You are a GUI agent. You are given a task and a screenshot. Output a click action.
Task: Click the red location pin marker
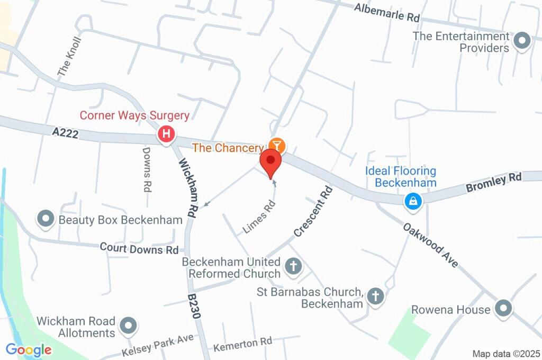point(271,162)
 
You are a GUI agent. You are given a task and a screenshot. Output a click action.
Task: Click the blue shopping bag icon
point(412,201)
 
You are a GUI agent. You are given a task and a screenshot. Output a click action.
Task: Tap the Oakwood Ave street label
point(430,244)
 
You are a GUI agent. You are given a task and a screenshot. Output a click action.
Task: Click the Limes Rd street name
point(259,217)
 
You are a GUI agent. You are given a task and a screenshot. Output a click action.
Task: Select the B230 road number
point(194,306)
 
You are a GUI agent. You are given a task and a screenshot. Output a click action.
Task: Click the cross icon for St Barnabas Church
point(375,296)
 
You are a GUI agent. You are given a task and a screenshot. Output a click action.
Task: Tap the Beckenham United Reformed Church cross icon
point(292,266)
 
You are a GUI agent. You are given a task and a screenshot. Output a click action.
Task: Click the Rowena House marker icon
point(502,309)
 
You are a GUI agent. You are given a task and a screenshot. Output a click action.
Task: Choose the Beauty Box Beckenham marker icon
point(46,219)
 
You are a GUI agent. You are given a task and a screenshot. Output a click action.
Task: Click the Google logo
point(29,349)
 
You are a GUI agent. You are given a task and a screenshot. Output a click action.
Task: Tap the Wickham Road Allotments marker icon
point(128,327)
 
